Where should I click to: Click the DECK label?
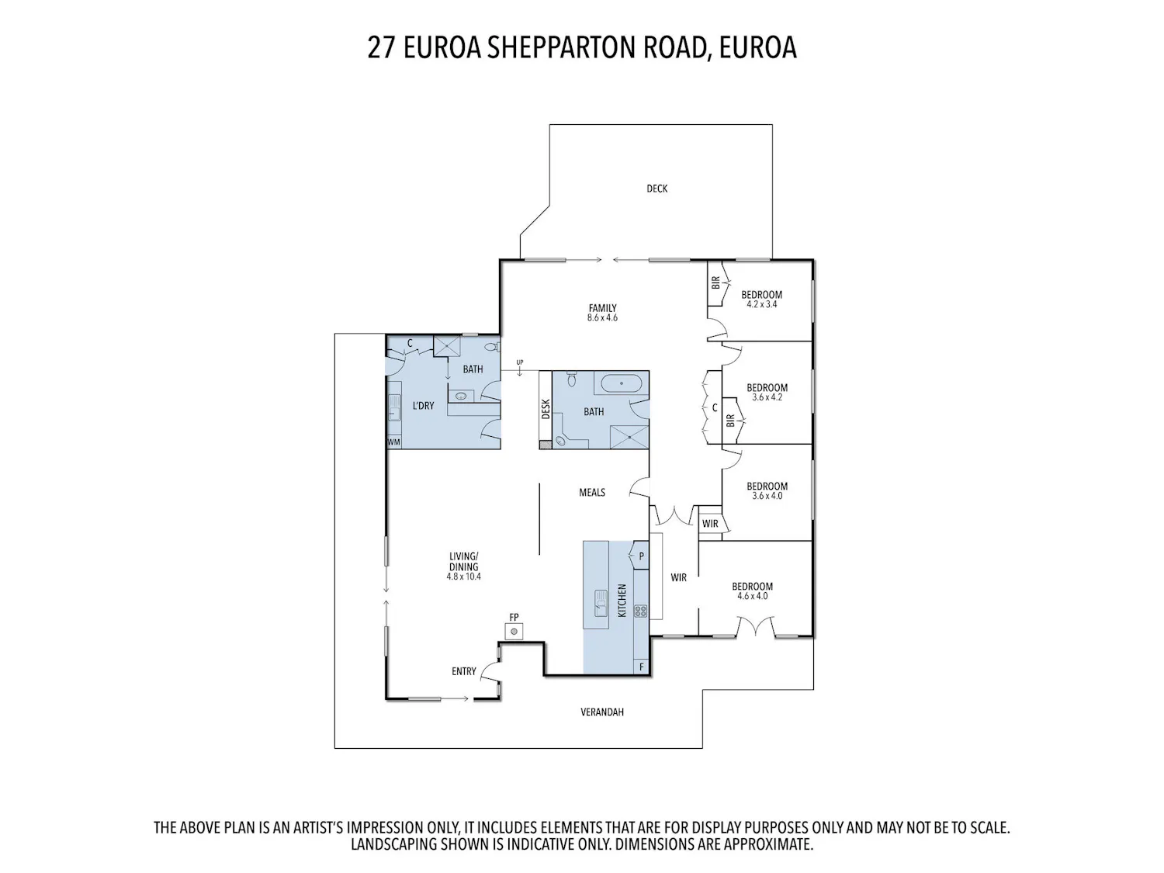[x=656, y=188]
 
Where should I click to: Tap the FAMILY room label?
[x=602, y=308]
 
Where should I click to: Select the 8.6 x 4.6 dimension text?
[x=602, y=318]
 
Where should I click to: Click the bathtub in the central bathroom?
[x=621, y=383]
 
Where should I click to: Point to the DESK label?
[x=546, y=409]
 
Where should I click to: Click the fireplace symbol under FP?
[x=514, y=632]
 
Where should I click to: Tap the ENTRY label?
[x=463, y=671]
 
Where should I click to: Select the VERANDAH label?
[x=602, y=712]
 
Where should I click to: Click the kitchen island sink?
[x=601, y=603]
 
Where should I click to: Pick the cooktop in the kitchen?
[x=641, y=611]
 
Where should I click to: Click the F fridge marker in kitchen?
[x=642, y=667]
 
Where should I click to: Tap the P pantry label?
[x=641, y=556]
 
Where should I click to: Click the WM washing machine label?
[x=394, y=442]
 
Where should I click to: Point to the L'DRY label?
[x=423, y=406]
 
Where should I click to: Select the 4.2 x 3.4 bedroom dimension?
[x=761, y=304]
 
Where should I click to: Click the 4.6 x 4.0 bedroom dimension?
[x=752, y=596]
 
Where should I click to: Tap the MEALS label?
[x=592, y=493]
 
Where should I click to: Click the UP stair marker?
[x=520, y=362]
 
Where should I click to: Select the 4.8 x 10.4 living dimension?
[x=463, y=576]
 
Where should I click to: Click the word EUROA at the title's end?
[x=757, y=47]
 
